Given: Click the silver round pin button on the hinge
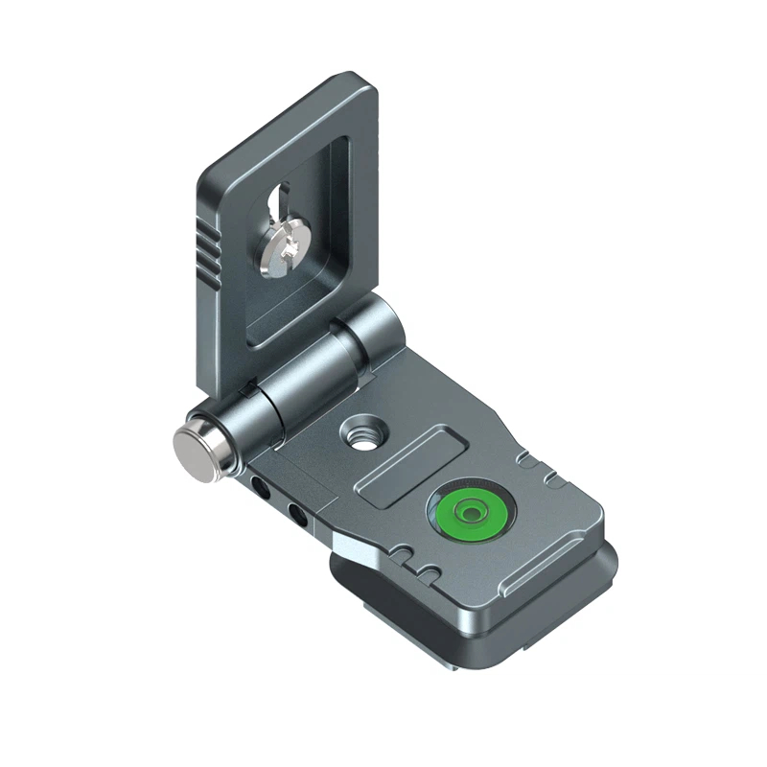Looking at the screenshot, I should (x=196, y=446).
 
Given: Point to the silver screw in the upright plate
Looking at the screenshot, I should (x=282, y=251).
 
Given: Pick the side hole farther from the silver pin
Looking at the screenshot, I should (x=297, y=518).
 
